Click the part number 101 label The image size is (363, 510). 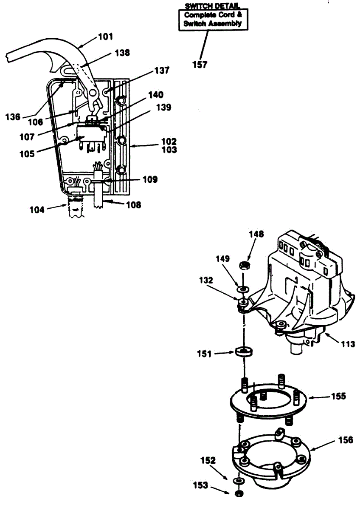pos(106,37)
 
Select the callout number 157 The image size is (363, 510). pos(200,65)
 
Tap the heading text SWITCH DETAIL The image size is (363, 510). pos(212,6)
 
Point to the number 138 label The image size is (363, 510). pos(122,53)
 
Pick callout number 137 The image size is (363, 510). pos(162,71)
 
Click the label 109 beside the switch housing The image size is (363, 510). pos(150,179)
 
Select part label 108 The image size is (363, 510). pos(134,205)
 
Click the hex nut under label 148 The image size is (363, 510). pos(244,266)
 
